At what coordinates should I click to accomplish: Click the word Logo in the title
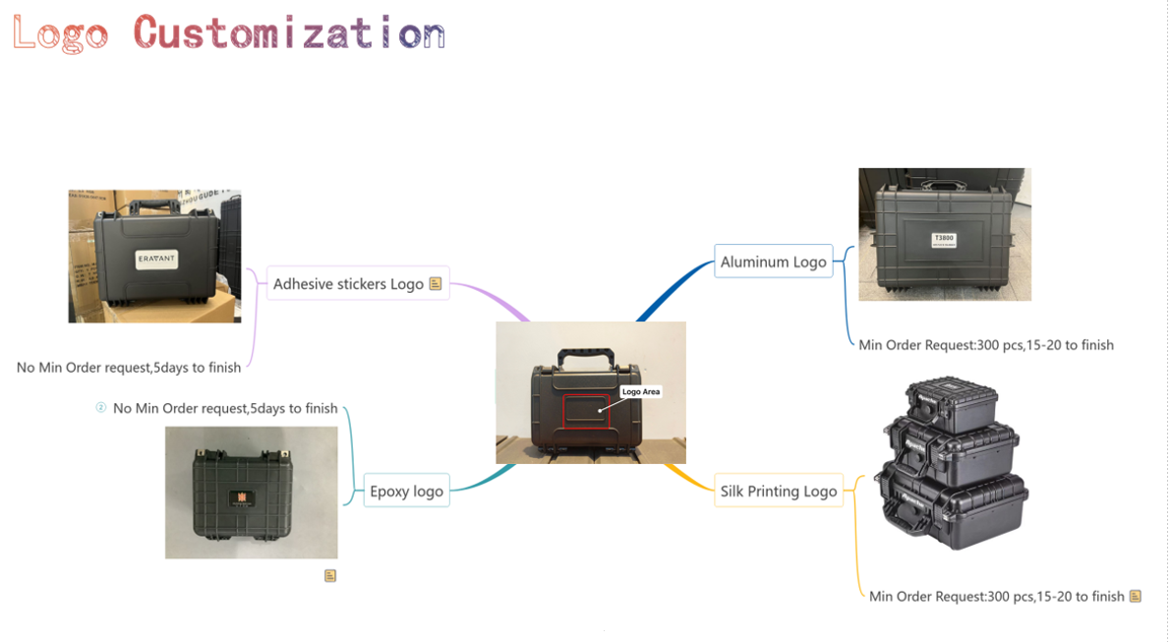point(60,32)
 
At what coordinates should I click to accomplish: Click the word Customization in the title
point(289,32)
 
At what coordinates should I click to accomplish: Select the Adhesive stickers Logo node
point(348,284)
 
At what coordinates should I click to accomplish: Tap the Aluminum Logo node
point(773,262)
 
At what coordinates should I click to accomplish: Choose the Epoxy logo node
point(406,491)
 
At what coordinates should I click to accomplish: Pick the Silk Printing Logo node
point(778,491)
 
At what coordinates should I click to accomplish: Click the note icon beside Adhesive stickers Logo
point(436,284)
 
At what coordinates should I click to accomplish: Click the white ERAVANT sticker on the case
point(155,259)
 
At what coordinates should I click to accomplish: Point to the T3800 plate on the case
point(944,240)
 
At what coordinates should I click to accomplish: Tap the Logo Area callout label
point(641,391)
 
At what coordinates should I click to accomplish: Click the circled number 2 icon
point(100,408)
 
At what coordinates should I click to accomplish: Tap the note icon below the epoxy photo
point(330,575)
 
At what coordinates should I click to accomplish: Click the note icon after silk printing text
point(1136,596)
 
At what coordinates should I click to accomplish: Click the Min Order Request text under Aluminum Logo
point(985,345)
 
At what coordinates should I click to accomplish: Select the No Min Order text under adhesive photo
point(129,368)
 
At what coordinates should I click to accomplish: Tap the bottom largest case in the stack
point(954,506)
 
